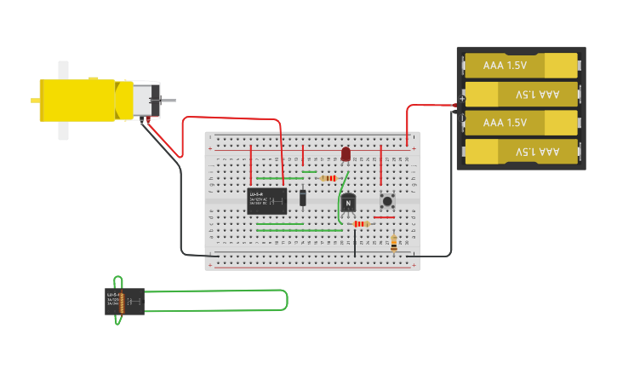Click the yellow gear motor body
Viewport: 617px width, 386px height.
pyautogui.click(x=81, y=100)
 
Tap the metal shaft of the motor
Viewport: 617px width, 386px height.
pyautogui.click(x=169, y=101)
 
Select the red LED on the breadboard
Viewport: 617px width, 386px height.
pyautogui.click(x=346, y=153)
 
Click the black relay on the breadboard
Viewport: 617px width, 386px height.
pyautogui.click(x=266, y=201)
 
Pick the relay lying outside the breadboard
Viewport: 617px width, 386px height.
pyautogui.click(x=124, y=301)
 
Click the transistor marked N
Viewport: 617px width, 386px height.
pyautogui.click(x=348, y=204)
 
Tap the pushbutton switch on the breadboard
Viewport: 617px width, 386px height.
pyautogui.click(x=387, y=202)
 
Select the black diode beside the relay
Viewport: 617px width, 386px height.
pyautogui.click(x=303, y=198)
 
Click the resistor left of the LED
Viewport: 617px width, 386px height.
pyautogui.click(x=328, y=178)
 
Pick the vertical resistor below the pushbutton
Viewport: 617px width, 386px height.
pyautogui.click(x=393, y=243)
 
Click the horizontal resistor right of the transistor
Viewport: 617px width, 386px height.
pyautogui.click(x=361, y=224)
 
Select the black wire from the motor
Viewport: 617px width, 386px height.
pyautogui.click(x=181, y=205)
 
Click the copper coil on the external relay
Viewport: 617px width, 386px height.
pyautogui.click(x=122, y=302)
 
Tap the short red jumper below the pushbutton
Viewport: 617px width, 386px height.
pyautogui.click(x=383, y=217)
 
